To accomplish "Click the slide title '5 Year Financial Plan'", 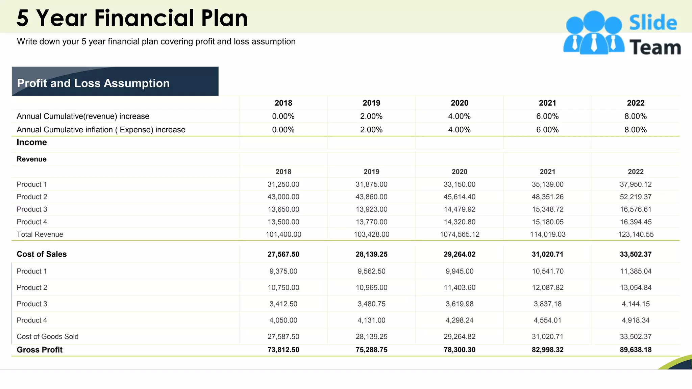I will point(132,18).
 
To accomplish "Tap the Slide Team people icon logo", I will point(594,33).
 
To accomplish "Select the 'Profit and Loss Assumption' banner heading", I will point(93,83).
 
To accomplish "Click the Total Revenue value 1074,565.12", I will point(460,234).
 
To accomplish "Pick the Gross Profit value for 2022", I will point(636,350).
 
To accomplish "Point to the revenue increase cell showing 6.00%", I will point(547,116).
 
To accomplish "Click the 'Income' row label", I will point(32,142).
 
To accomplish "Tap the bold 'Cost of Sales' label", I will point(42,254).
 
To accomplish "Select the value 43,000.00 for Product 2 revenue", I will point(283,197).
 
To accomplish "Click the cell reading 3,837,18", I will point(547,304).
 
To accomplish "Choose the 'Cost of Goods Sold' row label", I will point(48,337).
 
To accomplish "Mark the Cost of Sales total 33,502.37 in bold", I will point(636,254).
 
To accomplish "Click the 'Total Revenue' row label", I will point(40,234).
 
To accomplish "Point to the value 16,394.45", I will point(636,222).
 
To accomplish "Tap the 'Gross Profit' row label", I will point(40,350).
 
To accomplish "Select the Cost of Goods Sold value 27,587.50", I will point(283,337).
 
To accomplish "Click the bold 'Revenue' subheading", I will point(32,159).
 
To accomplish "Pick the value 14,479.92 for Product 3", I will point(460,209).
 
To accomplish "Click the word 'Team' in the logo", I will point(655,47).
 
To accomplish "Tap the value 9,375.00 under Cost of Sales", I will point(283,271).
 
